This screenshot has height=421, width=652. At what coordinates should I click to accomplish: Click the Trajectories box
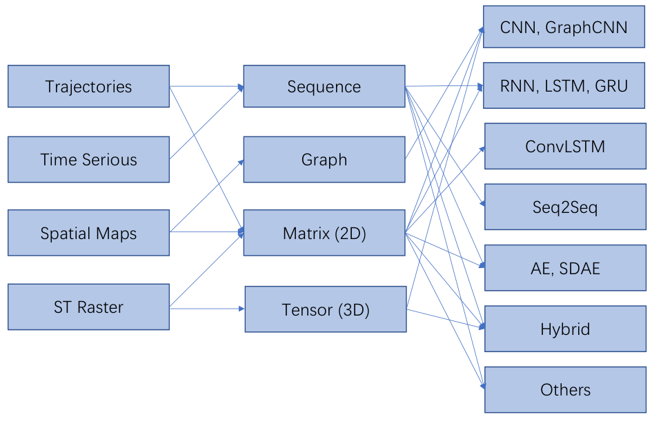[x=88, y=86]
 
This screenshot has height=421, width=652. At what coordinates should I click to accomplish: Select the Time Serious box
[x=88, y=159]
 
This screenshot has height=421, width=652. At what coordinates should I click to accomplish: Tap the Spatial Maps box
[x=88, y=233]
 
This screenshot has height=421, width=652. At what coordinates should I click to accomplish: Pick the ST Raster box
[x=88, y=307]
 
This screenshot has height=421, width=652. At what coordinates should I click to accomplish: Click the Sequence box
[x=324, y=86]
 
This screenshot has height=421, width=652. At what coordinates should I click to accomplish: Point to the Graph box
[x=324, y=159]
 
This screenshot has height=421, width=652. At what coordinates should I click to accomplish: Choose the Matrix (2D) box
[x=324, y=233]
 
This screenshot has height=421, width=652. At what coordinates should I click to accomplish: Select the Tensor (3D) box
[x=326, y=309]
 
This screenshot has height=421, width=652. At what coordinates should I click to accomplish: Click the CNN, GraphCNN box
[x=564, y=27]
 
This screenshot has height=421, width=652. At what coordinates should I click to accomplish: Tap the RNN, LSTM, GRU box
[x=564, y=85]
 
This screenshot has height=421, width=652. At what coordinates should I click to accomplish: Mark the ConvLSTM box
[x=566, y=146]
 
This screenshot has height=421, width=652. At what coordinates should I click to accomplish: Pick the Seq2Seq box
[x=566, y=207]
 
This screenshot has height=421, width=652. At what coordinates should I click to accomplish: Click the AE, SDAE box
[x=566, y=268]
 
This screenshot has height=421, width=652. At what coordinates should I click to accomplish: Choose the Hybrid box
[x=566, y=329]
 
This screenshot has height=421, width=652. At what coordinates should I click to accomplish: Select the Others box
[x=566, y=389]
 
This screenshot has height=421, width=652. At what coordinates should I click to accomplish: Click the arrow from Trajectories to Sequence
[x=207, y=86]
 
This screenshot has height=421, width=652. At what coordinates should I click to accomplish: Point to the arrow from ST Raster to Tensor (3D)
[x=207, y=309]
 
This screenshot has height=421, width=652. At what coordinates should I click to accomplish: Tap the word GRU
[x=611, y=86]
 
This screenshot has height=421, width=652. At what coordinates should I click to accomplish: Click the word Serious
[x=110, y=160]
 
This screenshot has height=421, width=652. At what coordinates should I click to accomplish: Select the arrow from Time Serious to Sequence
[x=207, y=123]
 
